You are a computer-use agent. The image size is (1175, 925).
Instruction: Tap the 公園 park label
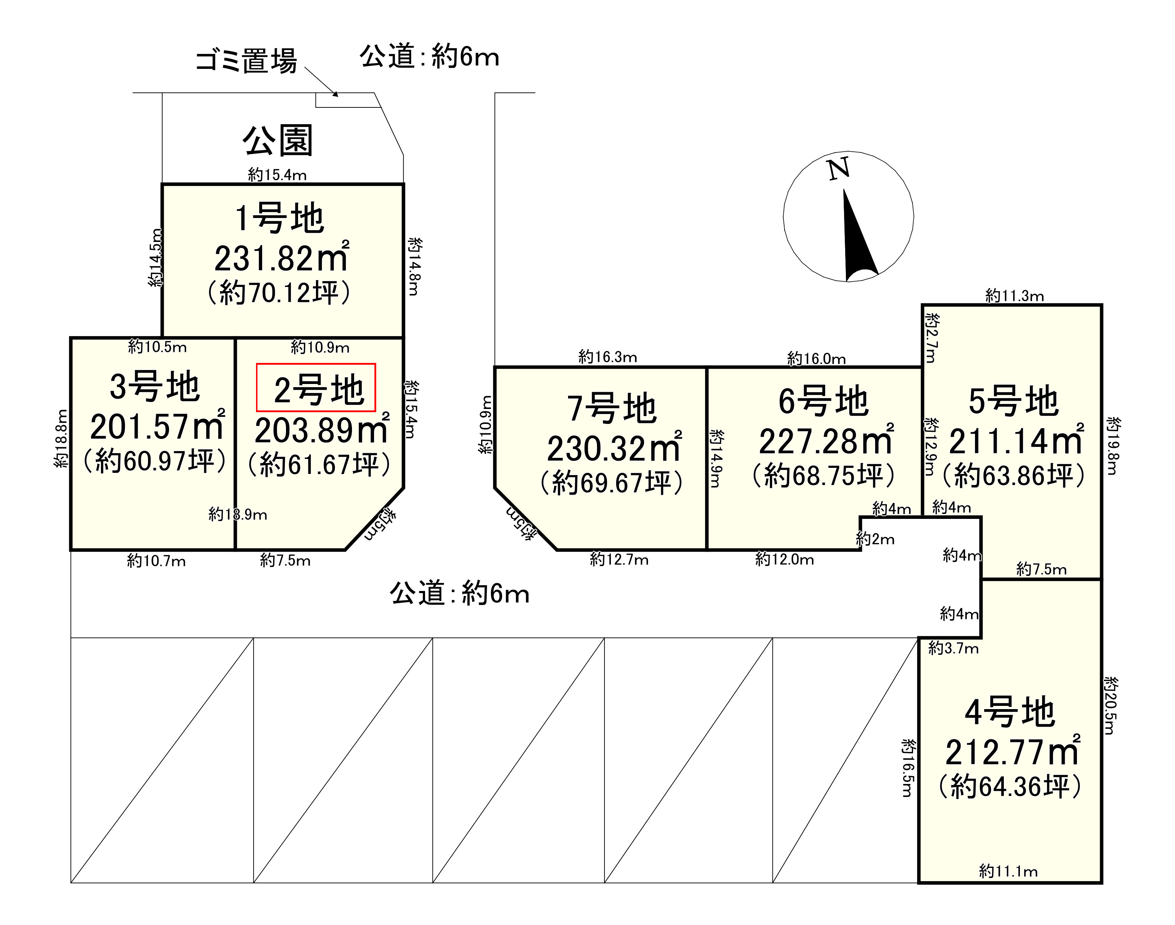tap(278, 141)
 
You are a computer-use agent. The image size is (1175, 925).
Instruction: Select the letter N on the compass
tap(838, 169)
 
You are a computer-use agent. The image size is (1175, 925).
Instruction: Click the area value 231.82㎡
tap(281, 258)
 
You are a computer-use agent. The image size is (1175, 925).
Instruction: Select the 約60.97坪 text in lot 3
tap(155, 461)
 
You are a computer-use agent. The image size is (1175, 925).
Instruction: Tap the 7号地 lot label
tap(612, 408)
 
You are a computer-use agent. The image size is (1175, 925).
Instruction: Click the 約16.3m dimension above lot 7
tap(607, 357)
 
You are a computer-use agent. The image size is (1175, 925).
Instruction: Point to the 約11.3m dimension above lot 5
tap(1014, 296)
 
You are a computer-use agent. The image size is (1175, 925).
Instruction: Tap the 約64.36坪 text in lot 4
tap(1010, 787)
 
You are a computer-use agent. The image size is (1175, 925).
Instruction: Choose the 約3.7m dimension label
tap(953, 648)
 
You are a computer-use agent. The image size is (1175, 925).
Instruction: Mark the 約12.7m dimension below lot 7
tap(619, 560)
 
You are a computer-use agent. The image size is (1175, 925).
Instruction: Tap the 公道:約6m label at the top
tap(429, 56)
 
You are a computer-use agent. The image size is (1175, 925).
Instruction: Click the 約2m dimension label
tap(875, 539)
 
